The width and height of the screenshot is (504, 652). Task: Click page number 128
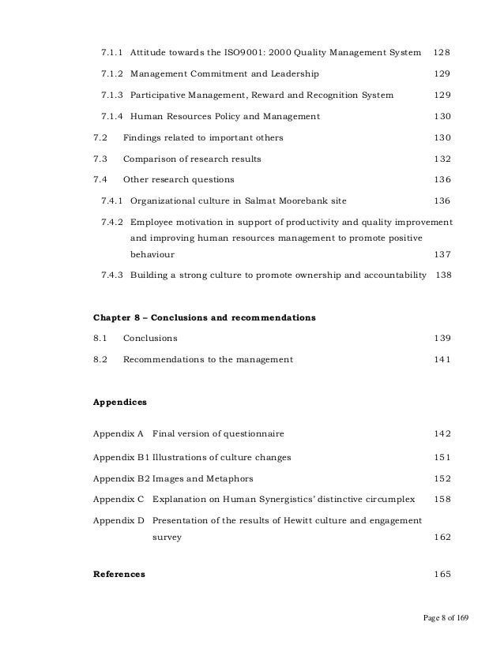click(442, 52)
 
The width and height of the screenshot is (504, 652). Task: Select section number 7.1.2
click(112, 73)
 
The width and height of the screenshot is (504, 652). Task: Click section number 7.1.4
click(112, 116)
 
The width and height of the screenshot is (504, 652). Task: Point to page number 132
click(442, 159)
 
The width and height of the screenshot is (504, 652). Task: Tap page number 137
click(442, 255)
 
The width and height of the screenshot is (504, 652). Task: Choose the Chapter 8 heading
click(205, 318)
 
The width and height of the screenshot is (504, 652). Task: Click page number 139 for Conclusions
click(442, 339)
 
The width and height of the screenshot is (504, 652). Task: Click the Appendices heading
click(120, 402)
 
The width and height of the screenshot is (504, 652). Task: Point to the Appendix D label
click(118, 520)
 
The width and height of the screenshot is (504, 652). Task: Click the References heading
click(119, 574)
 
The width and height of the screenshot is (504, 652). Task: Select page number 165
click(442, 574)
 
